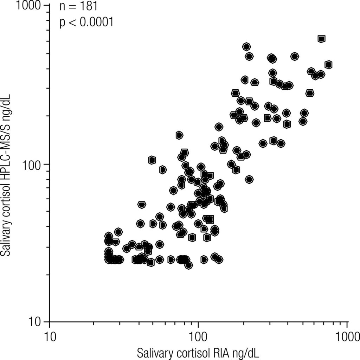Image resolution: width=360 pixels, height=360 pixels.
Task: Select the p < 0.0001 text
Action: click(x=86, y=22)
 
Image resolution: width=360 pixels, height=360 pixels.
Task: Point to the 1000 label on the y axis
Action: click(x=31, y=6)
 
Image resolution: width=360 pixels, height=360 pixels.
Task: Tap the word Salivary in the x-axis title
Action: click(x=154, y=352)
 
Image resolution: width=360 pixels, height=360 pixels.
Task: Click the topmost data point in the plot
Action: click(x=321, y=39)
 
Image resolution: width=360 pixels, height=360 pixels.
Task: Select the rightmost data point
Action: click(x=328, y=64)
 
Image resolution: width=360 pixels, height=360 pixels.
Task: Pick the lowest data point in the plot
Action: click(x=189, y=265)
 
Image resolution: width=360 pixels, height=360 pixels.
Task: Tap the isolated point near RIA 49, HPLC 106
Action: click(x=152, y=160)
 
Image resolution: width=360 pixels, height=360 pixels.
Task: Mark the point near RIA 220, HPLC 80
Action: click(x=249, y=179)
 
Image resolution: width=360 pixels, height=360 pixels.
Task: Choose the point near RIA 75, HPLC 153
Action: click(x=179, y=135)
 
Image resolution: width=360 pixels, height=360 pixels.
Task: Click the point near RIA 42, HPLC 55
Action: click(x=142, y=205)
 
